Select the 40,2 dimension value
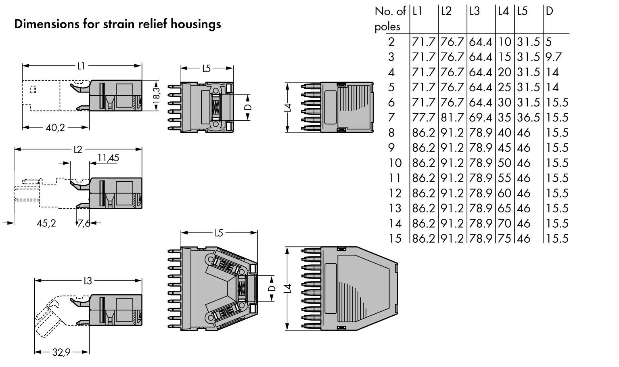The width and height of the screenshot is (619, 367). (x=55, y=128)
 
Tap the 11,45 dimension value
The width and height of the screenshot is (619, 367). (x=108, y=158)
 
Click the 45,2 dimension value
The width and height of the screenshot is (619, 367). (x=46, y=223)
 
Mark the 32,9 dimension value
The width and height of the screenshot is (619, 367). (x=61, y=352)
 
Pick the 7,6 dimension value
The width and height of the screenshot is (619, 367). (x=84, y=223)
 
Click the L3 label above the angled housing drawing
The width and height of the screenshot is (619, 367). (x=88, y=281)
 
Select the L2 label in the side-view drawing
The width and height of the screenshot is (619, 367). (x=77, y=150)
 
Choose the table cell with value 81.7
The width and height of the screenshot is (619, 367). (x=452, y=117)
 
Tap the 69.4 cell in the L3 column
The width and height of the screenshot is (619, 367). (x=481, y=117)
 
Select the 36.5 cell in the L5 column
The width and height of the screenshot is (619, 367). (x=528, y=117)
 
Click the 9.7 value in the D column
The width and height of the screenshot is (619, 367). (x=553, y=57)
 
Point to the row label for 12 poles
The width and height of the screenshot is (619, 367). (x=395, y=193)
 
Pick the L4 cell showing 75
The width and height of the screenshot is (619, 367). (x=504, y=239)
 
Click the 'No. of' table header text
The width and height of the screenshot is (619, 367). (x=390, y=11)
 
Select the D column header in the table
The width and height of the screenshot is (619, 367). (x=549, y=11)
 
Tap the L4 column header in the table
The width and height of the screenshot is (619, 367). (x=503, y=11)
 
